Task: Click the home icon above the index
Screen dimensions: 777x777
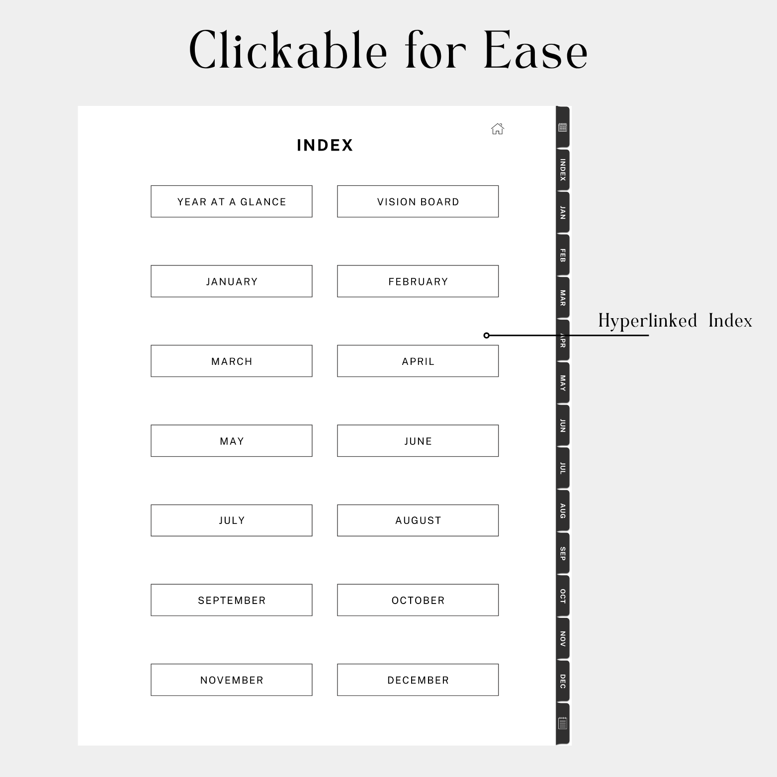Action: (497, 129)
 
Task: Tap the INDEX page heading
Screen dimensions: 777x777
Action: (325, 145)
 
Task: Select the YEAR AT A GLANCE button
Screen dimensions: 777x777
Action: (232, 201)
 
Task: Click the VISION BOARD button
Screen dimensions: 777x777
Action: (418, 201)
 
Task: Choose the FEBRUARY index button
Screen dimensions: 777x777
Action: (418, 281)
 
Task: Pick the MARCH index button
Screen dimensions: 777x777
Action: (232, 361)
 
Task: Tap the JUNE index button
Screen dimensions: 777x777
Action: (418, 441)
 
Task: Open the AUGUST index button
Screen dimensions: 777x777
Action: (418, 520)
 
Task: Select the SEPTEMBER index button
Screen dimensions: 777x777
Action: (232, 600)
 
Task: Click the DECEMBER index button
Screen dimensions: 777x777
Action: (418, 680)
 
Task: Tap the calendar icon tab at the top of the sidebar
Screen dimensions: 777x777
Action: (562, 128)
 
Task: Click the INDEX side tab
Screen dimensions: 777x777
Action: (562, 170)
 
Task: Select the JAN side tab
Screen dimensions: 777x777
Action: (562, 213)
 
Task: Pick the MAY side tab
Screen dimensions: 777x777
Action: (562, 383)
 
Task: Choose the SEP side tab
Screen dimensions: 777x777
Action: (562, 553)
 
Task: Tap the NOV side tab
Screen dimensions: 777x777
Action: (562, 639)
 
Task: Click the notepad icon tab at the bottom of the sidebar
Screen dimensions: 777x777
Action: (562, 723)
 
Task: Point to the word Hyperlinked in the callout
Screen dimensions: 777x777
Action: (647, 321)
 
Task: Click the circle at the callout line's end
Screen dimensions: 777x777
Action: (487, 336)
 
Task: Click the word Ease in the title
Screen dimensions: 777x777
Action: (535, 51)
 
